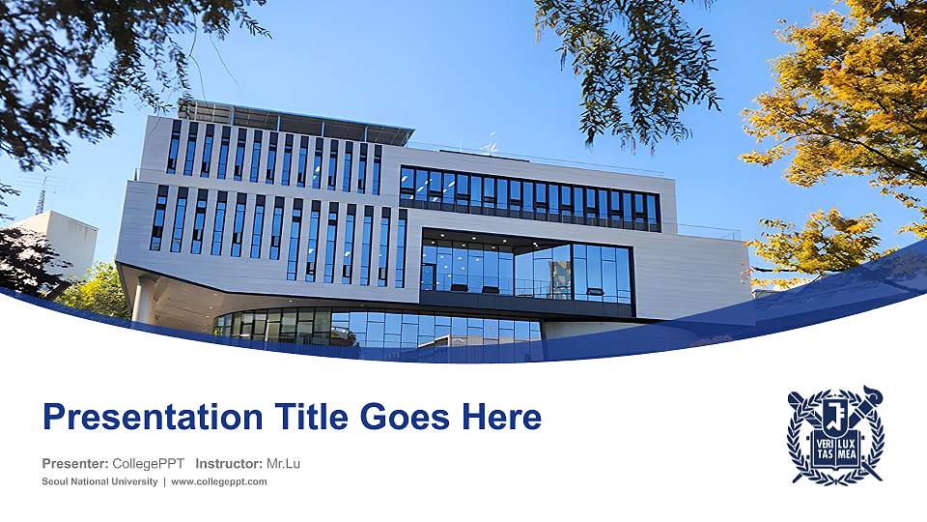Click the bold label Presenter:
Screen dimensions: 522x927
click(74, 463)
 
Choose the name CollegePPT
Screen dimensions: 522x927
click(149, 463)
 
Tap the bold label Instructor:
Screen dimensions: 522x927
click(229, 463)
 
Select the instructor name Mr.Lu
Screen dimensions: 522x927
click(283, 463)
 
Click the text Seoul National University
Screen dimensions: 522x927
click(99, 481)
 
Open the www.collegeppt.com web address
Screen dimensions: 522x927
click(219, 481)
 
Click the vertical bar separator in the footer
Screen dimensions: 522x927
click(164, 481)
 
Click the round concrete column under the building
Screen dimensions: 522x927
click(145, 300)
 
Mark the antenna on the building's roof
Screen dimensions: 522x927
click(489, 145)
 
